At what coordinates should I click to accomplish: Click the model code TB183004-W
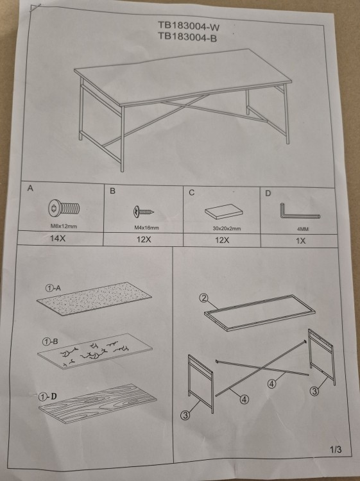(x=189, y=26)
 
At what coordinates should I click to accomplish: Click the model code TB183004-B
(x=187, y=37)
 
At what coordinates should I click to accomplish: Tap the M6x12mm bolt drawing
(x=64, y=208)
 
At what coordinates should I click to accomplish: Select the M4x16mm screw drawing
(x=143, y=211)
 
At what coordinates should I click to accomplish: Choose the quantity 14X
(x=58, y=238)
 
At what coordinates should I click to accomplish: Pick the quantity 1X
(x=300, y=240)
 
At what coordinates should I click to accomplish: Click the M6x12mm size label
(x=64, y=226)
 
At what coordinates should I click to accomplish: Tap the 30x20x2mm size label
(x=227, y=228)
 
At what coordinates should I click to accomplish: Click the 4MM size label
(x=303, y=229)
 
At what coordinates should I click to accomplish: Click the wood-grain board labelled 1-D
(x=98, y=403)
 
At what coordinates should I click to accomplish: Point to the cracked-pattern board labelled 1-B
(x=95, y=351)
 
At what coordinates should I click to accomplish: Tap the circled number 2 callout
(x=204, y=298)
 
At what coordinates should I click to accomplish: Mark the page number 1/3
(x=336, y=450)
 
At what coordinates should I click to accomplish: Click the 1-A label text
(x=53, y=288)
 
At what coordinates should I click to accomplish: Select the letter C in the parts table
(x=191, y=192)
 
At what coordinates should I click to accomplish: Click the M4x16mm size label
(x=147, y=228)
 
